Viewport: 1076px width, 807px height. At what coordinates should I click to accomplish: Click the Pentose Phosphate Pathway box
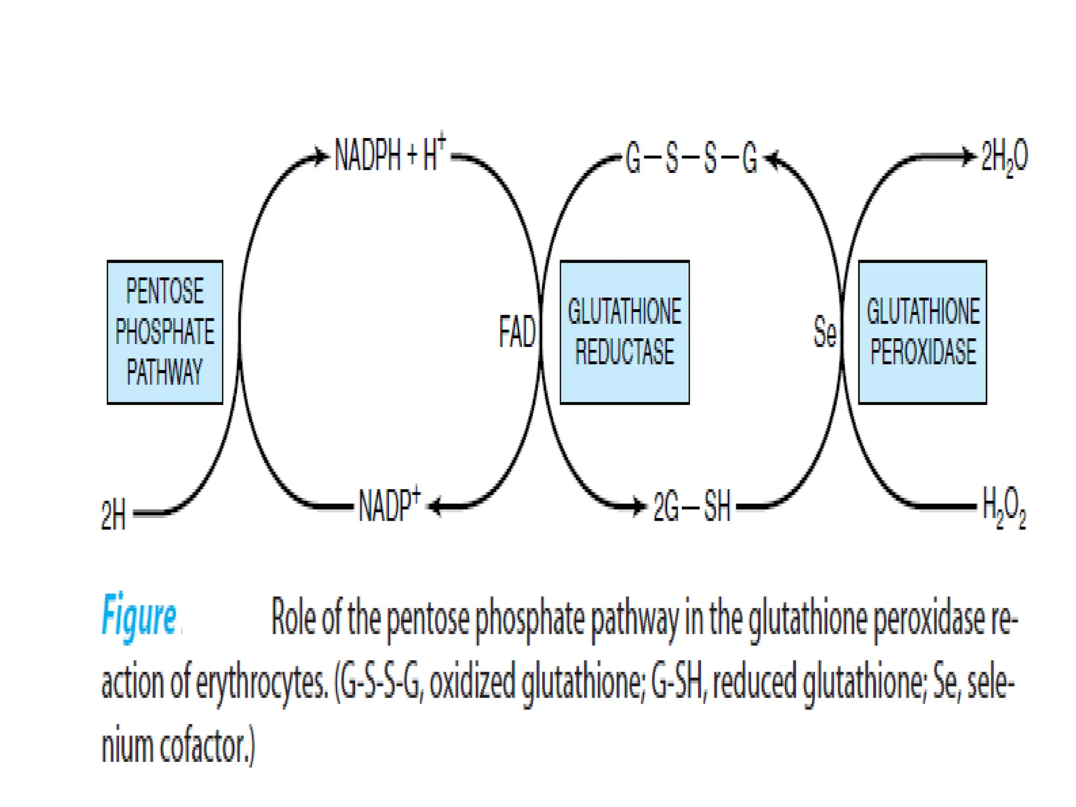coord(164,332)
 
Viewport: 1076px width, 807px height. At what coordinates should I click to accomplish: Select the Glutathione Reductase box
coord(624,332)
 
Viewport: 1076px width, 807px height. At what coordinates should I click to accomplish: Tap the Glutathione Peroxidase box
coord(922,332)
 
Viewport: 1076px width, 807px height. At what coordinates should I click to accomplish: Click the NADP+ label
coord(389,505)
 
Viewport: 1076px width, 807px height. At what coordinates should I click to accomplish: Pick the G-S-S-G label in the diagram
coord(691,158)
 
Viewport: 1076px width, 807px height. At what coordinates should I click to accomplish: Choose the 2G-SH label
coord(692,507)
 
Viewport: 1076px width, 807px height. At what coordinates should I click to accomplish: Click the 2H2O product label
coord(1004,157)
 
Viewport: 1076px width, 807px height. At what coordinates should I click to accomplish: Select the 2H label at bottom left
coord(113,514)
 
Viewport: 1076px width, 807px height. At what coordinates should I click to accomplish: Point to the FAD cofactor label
coord(517,332)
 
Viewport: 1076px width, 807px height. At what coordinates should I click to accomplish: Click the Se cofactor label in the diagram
coord(824,332)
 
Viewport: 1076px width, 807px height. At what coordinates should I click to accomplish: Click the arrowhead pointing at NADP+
coord(435,507)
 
